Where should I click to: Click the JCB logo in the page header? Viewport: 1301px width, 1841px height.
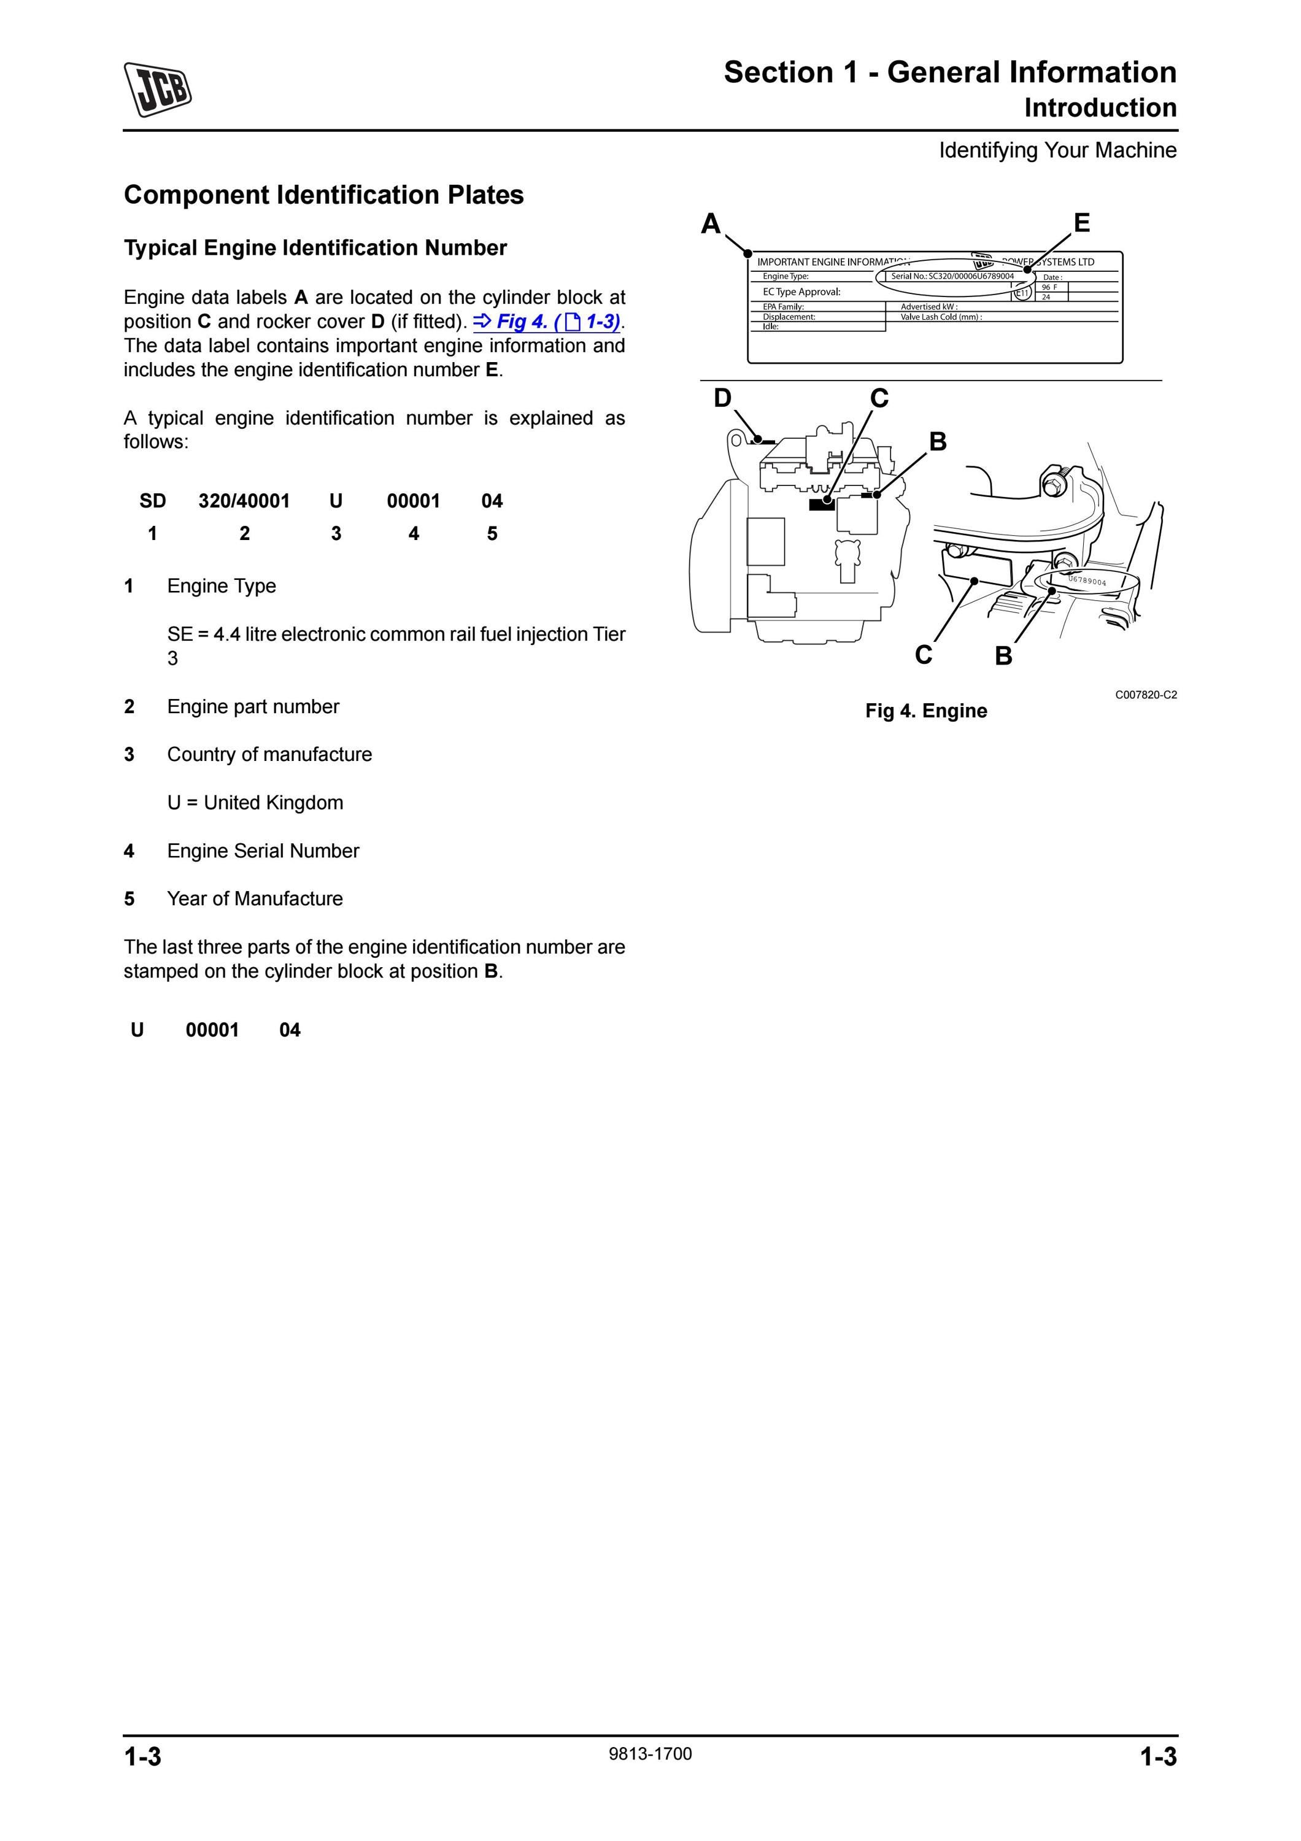click(158, 89)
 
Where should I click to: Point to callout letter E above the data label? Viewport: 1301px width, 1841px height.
click(1081, 222)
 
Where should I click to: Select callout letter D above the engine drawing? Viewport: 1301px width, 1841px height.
click(722, 398)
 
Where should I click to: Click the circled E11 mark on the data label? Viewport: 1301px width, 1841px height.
click(1023, 293)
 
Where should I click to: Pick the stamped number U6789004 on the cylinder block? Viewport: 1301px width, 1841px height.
click(1088, 581)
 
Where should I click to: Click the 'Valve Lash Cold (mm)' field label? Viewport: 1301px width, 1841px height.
click(941, 317)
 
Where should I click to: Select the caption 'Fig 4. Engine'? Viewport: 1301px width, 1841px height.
click(926, 711)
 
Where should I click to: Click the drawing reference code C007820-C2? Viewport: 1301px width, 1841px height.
click(1146, 695)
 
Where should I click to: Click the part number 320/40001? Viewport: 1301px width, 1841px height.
click(244, 501)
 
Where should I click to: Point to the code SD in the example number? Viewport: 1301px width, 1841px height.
click(152, 501)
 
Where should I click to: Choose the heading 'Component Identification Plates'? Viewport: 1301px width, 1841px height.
click(324, 195)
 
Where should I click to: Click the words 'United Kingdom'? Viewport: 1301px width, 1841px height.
click(273, 803)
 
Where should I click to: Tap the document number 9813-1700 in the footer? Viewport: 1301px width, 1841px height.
click(650, 1754)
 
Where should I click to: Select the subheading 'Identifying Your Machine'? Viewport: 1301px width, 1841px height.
click(1058, 150)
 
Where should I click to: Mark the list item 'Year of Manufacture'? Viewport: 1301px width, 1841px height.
click(255, 899)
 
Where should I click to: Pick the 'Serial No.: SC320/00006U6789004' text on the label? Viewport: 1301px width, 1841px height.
click(952, 276)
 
